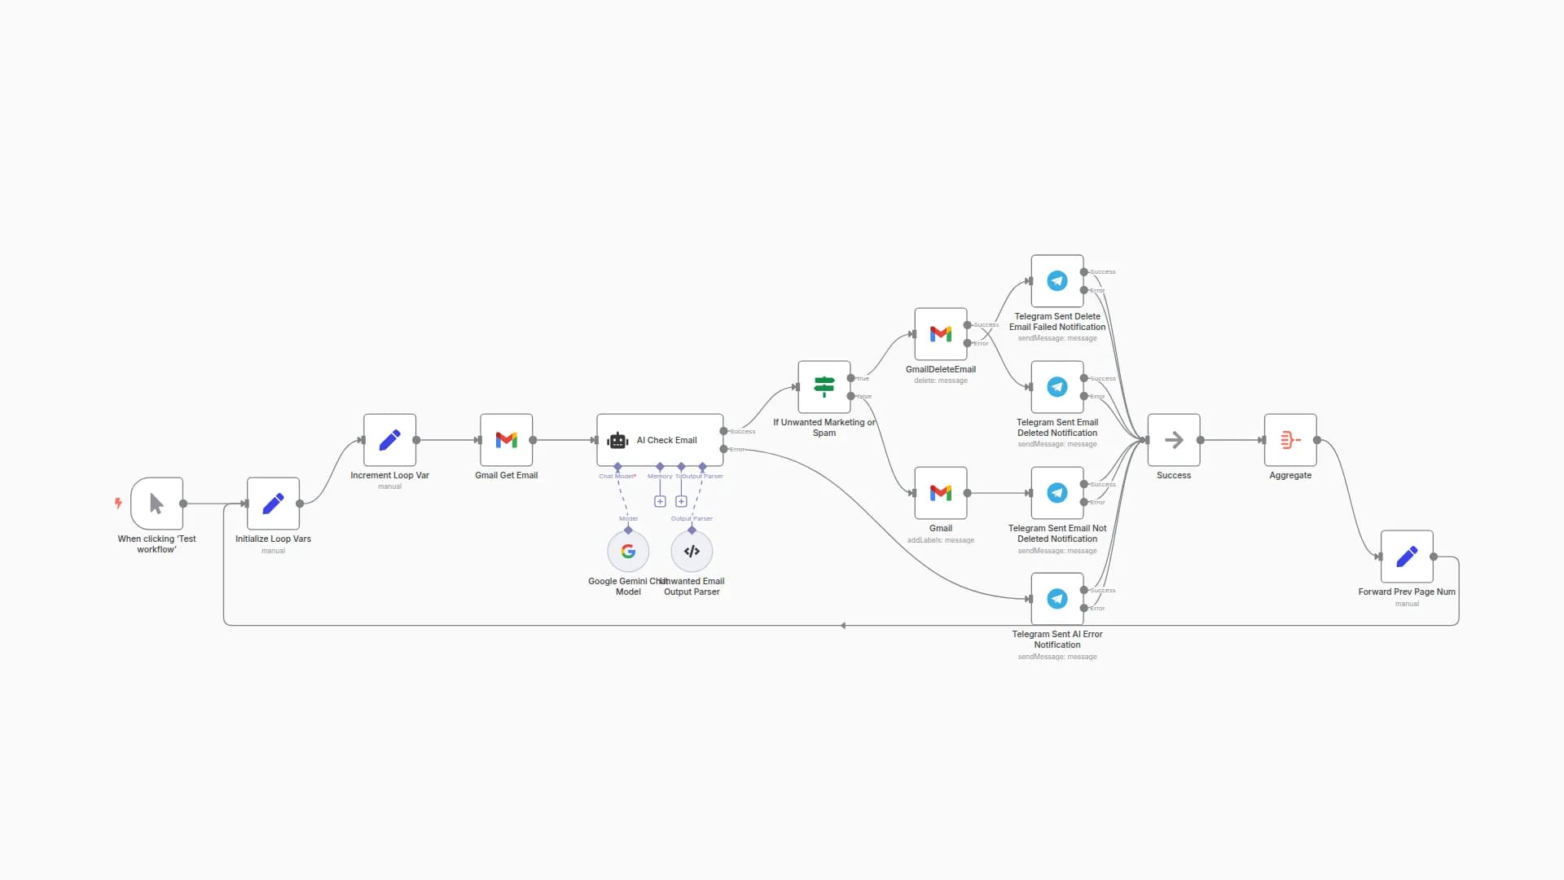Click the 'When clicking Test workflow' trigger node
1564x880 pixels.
156,504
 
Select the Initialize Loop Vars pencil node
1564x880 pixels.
273,504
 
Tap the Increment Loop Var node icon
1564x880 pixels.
389,440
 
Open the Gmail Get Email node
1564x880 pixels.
506,440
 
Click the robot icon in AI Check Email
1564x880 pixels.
618,441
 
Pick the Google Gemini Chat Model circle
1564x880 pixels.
628,552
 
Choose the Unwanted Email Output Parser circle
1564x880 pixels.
692,552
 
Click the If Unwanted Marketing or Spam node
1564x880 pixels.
824,387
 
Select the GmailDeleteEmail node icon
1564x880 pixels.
941,334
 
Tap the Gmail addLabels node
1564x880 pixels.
941,493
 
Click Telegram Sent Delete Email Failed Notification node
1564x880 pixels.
1057,281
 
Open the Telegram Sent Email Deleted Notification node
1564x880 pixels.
1057,387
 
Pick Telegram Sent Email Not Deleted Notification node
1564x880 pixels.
1057,493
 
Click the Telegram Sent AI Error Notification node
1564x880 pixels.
1057,599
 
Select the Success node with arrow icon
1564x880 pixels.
1174,440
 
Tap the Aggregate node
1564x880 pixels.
1290,440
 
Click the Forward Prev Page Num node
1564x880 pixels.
1407,557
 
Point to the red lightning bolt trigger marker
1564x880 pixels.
118,504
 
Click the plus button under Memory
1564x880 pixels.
660,502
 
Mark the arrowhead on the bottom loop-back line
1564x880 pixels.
843,626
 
